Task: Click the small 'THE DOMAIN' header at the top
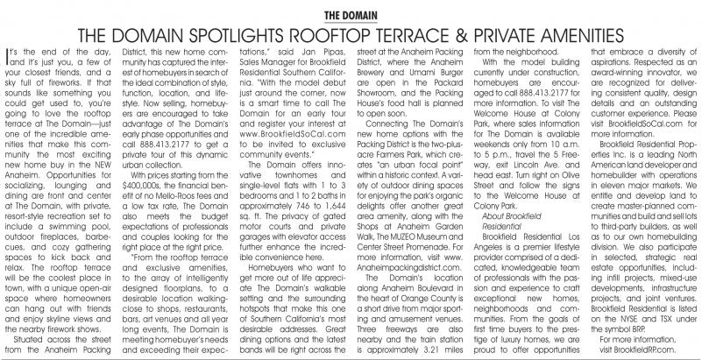coord(351,15)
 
